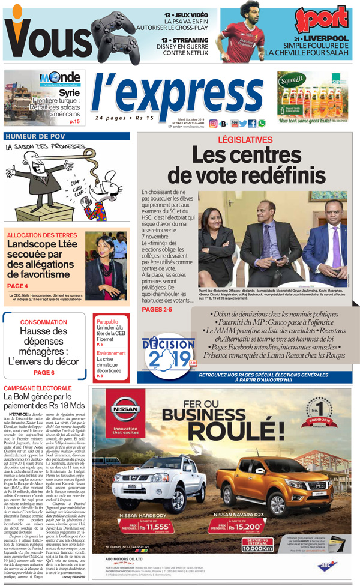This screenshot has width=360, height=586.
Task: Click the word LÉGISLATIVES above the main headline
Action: click(x=245, y=140)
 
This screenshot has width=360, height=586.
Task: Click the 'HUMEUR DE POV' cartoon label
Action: click(x=34, y=136)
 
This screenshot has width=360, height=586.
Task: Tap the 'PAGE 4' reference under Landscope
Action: click(x=18, y=286)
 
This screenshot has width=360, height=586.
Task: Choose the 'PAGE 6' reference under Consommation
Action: click(x=44, y=372)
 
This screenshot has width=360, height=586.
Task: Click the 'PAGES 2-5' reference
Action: click(x=157, y=309)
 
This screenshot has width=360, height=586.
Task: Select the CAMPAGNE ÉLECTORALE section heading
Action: click(x=37, y=388)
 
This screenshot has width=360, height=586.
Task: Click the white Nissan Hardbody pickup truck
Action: click(x=150, y=484)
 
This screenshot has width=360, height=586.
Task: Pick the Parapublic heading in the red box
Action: click(x=107, y=322)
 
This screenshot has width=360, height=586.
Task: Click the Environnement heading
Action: click(x=111, y=354)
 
